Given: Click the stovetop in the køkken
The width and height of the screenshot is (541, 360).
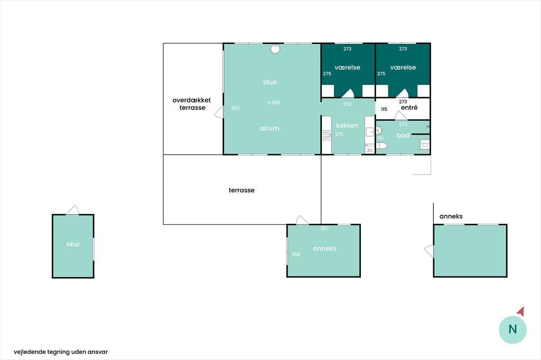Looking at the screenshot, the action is coord(327,135).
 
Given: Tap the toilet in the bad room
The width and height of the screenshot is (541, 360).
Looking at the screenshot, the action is coord(381,146).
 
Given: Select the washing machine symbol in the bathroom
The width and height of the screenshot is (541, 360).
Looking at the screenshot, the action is coord(425,144).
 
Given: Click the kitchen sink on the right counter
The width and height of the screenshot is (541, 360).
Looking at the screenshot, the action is coord(370,132).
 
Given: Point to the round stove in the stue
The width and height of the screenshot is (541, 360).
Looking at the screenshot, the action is coord(275,49).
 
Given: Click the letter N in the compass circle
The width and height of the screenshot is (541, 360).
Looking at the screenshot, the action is coord(512,329).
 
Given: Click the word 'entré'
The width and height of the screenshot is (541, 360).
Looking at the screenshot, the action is coord(409,108).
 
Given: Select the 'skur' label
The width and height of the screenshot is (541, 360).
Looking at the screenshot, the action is coord(73,244).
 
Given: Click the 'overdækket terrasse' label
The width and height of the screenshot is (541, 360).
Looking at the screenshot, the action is coord(192,104).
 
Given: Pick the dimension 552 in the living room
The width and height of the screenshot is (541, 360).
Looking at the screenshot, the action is coord(235,108).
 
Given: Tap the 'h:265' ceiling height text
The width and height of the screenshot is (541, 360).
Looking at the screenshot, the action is coord(274,102).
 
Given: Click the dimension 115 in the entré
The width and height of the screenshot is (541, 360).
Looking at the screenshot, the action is coord(384,109).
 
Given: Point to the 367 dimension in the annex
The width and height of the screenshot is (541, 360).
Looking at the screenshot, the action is coord(325,228).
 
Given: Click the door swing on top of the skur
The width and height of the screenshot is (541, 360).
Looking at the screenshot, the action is coord(73,210).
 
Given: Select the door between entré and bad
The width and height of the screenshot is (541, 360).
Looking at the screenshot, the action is coord(401,116).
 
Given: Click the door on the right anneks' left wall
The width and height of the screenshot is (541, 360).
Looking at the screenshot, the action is coord(429,251).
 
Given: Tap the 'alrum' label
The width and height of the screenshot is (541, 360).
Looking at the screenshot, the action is coord(269,128).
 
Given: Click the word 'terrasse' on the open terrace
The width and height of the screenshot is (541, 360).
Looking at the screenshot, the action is coord(241,191).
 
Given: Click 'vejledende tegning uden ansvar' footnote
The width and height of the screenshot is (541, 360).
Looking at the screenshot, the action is coord(61,352).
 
